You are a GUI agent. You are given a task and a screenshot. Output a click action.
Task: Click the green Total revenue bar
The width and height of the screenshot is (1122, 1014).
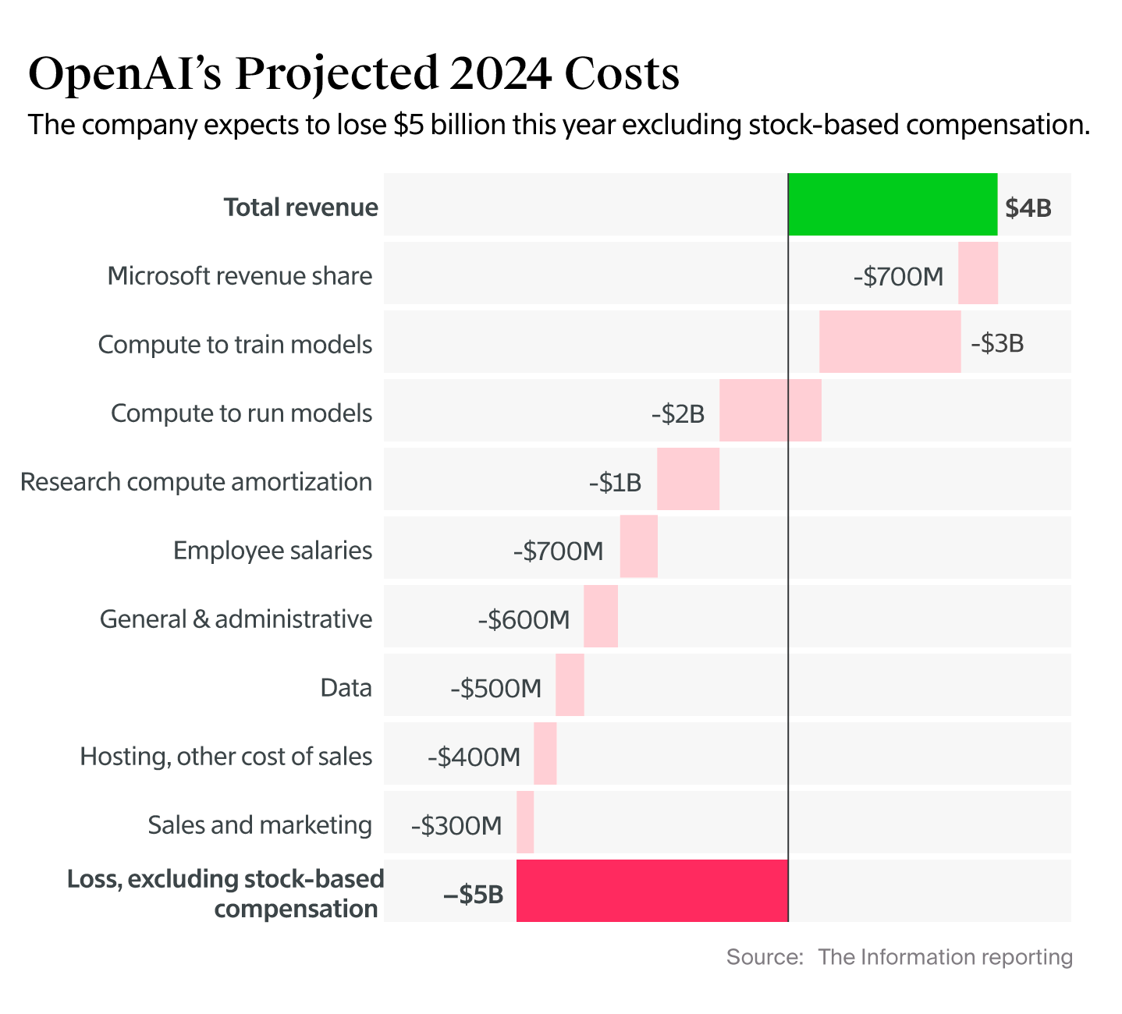pyautogui.click(x=893, y=204)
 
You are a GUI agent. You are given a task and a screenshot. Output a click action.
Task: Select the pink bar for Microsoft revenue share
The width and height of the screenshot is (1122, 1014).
pyautogui.click(x=978, y=273)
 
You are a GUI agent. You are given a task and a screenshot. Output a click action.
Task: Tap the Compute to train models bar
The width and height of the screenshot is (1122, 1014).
pyautogui.click(x=889, y=342)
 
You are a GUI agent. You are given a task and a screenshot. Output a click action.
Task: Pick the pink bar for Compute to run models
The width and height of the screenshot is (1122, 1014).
pyautogui.click(x=770, y=410)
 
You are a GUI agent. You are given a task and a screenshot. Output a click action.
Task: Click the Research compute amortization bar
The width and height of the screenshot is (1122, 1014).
pyautogui.click(x=687, y=479)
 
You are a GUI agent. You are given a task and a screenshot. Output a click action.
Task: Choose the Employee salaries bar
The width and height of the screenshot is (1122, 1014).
pyautogui.click(x=638, y=547)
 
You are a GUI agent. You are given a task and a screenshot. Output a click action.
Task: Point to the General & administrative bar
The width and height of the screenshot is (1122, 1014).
pyautogui.click(x=600, y=616)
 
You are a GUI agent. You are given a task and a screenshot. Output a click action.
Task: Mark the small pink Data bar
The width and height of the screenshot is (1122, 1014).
pyautogui.click(x=570, y=685)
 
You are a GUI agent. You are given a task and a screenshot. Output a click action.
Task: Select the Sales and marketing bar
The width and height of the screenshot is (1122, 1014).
pyautogui.click(x=525, y=822)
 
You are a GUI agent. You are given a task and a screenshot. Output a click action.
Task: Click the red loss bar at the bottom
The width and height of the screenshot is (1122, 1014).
pyautogui.click(x=652, y=891)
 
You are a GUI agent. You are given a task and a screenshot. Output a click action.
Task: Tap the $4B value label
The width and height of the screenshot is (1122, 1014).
pyautogui.click(x=1028, y=208)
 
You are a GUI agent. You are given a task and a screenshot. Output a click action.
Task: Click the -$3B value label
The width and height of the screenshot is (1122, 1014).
pyautogui.click(x=996, y=344)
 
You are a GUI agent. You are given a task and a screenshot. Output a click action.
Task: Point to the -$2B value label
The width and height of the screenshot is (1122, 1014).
pyautogui.click(x=677, y=413)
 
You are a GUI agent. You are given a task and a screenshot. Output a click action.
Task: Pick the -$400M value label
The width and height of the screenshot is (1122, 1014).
pyautogui.click(x=474, y=757)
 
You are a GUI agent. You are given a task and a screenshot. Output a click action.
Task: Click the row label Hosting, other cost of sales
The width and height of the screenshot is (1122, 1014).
pyautogui.click(x=225, y=757)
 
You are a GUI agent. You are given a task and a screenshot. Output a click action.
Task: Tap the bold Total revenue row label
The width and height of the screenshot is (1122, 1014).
pyautogui.click(x=300, y=207)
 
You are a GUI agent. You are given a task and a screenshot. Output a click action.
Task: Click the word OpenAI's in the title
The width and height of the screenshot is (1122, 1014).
pyautogui.click(x=124, y=74)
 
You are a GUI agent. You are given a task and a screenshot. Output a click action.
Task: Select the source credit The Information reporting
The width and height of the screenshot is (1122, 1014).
pyautogui.click(x=945, y=957)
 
